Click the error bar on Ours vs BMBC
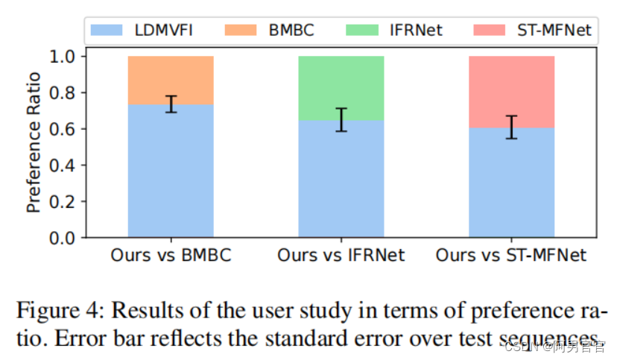171,104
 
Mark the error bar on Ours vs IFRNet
341,119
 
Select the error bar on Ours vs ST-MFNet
511,127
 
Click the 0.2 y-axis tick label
65,201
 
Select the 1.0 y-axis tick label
65,57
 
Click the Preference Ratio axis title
34,147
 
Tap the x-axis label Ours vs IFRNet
341,256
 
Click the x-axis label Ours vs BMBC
171,256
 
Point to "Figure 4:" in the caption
61,309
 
